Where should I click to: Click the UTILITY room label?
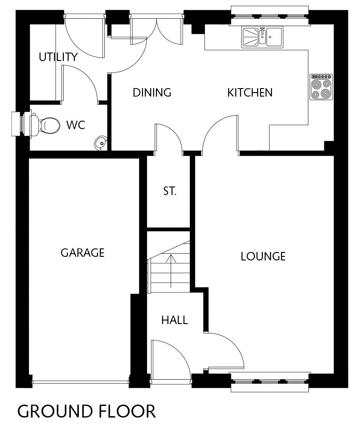(x=58, y=57)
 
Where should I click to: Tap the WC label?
(x=76, y=125)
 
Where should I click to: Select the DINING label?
(x=152, y=93)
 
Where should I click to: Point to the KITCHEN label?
(x=250, y=93)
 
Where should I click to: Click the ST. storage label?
(x=170, y=191)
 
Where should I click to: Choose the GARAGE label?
(x=82, y=253)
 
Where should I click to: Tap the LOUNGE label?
(x=263, y=256)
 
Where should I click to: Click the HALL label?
(x=175, y=320)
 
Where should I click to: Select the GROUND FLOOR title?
(x=86, y=411)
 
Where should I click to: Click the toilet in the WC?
(x=45, y=126)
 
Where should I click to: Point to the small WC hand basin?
(x=101, y=143)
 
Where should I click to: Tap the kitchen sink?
(x=262, y=37)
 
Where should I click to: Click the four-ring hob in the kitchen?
(x=321, y=87)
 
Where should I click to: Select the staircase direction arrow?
(x=171, y=271)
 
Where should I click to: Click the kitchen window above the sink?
(x=270, y=16)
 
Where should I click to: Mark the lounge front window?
(x=270, y=382)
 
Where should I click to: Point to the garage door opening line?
(x=80, y=381)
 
